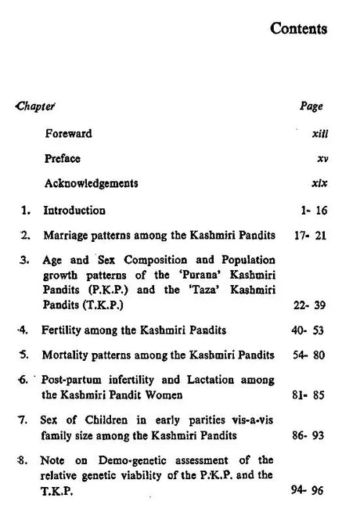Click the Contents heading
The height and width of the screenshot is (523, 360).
click(299, 29)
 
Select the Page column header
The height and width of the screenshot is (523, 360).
click(311, 106)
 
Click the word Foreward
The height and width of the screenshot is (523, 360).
click(68, 133)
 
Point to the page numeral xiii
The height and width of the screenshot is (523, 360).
click(319, 134)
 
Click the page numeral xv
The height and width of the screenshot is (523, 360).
click(322, 159)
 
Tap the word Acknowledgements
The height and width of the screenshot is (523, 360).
click(91, 184)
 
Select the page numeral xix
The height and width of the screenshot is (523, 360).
click(319, 184)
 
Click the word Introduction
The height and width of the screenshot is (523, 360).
click(74, 210)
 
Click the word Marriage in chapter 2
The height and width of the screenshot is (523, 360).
click(65, 234)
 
